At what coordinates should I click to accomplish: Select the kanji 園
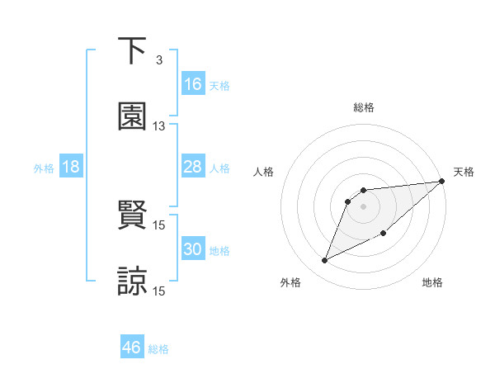click(x=133, y=116)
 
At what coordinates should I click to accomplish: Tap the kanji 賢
click(x=133, y=215)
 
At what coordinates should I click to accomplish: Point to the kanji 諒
click(x=133, y=282)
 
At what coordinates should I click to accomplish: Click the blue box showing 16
click(x=193, y=84)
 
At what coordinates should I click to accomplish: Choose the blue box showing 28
click(x=193, y=168)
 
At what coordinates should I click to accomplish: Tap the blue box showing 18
click(x=71, y=168)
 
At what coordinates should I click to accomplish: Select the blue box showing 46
click(x=132, y=348)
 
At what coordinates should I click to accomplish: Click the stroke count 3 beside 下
click(x=158, y=59)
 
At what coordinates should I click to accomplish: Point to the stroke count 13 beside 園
click(x=159, y=126)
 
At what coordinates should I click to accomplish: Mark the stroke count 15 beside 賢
click(x=159, y=225)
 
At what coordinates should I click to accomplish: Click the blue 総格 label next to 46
click(x=158, y=349)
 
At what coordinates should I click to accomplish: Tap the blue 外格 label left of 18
click(x=44, y=168)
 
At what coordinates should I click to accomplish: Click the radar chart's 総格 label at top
click(x=364, y=107)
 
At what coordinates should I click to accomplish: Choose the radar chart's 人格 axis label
click(x=264, y=172)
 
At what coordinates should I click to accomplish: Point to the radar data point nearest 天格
click(x=441, y=181)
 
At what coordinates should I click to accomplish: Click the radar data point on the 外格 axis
click(x=325, y=261)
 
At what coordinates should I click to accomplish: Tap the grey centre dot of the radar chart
click(x=364, y=206)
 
